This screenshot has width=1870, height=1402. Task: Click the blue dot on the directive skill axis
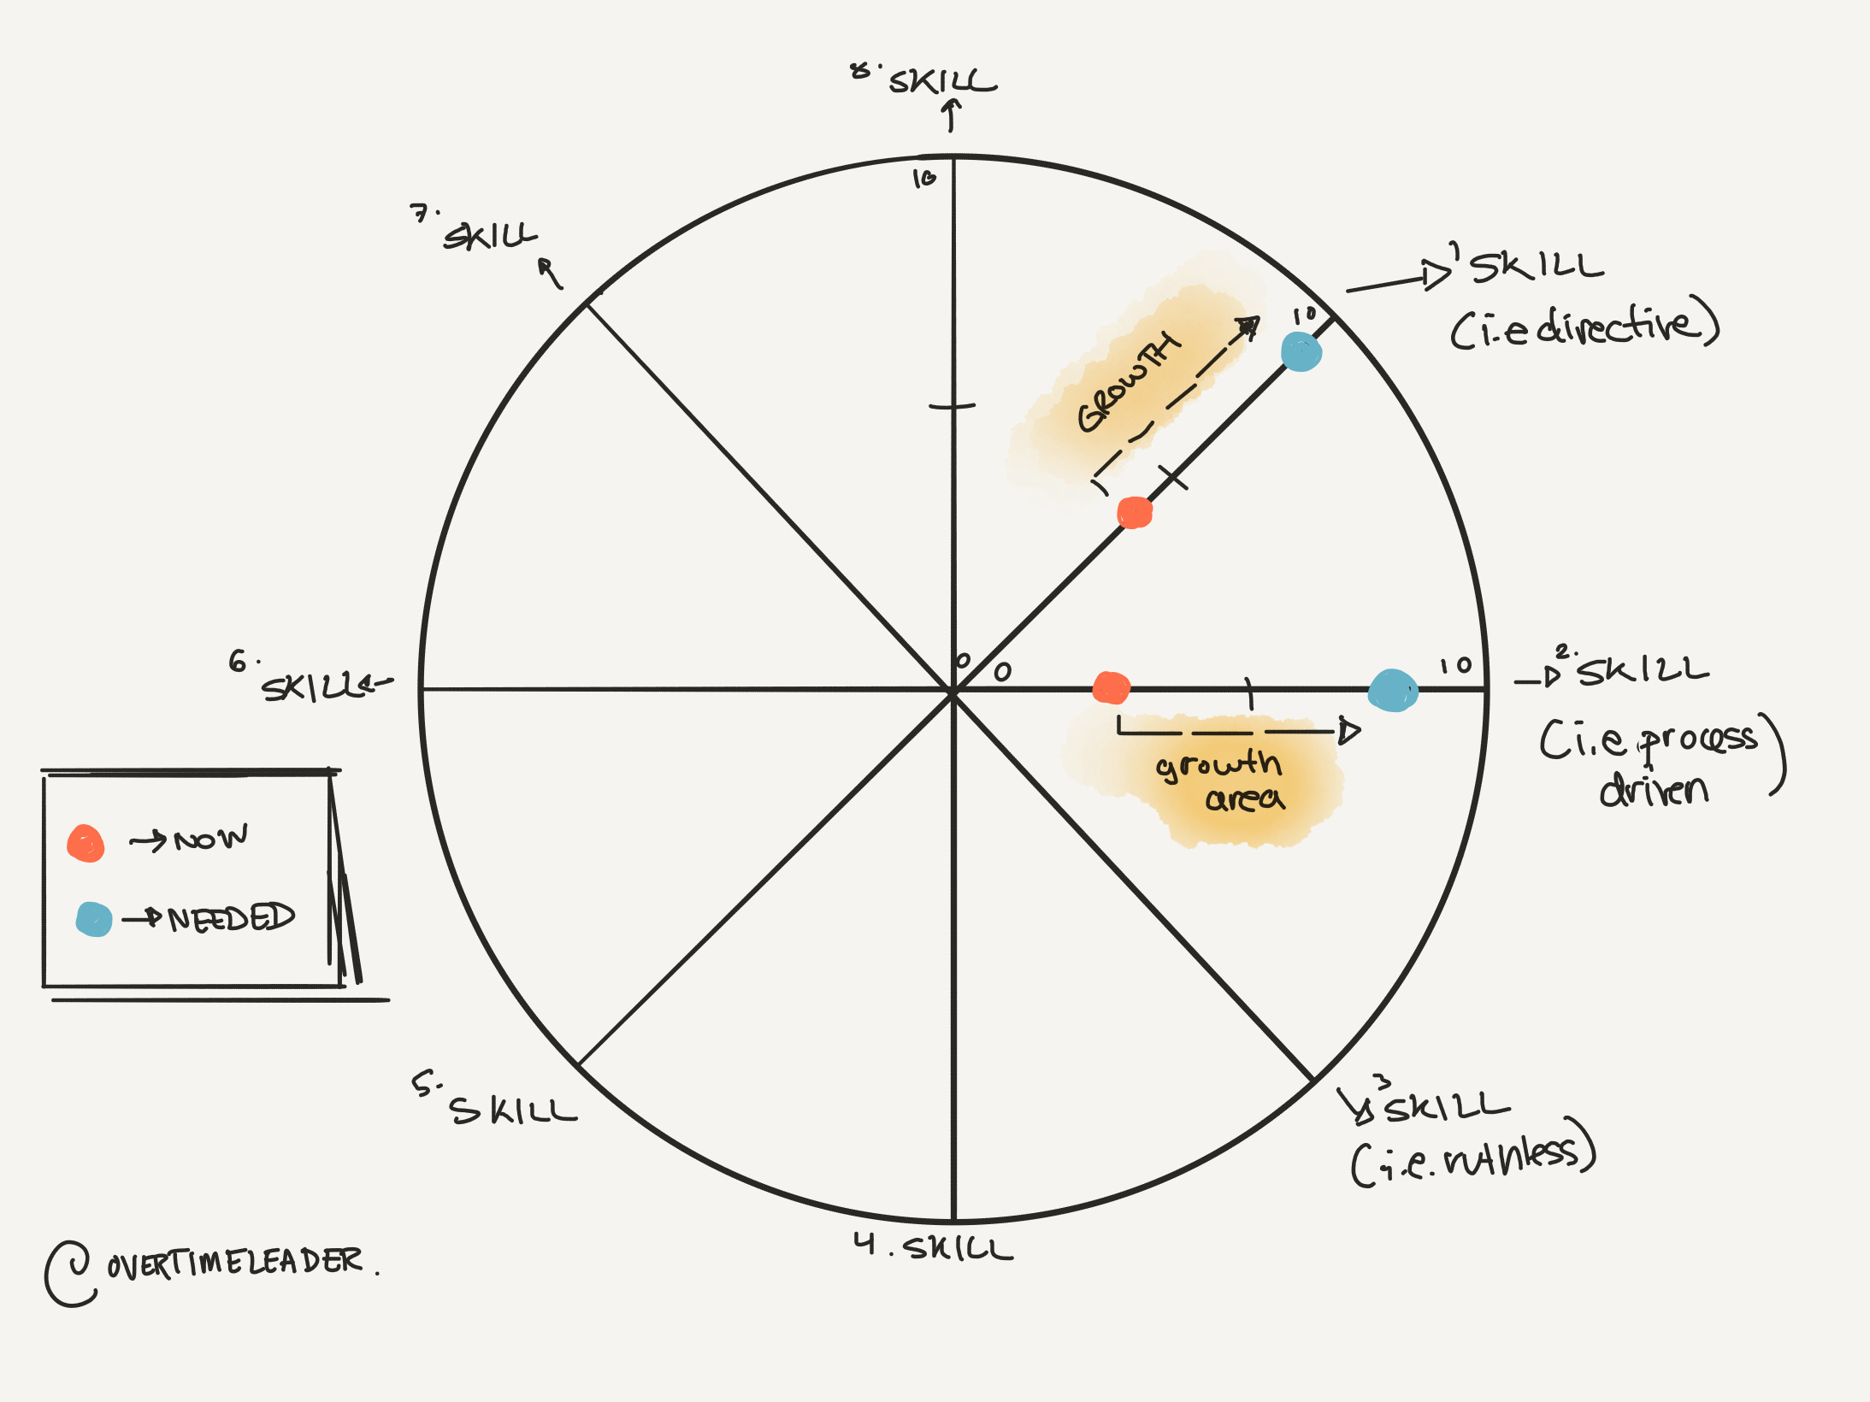(x=1301, y=351)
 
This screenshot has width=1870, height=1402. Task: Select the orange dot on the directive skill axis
(x=1135, y=512)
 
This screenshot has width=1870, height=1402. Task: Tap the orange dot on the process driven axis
(x=1111, y=687)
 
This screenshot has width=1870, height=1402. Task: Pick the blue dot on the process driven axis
(x=1392, y=690)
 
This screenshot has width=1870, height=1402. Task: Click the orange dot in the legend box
(x=86, y=844)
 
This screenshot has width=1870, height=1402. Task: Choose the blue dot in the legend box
(x=93, y=919)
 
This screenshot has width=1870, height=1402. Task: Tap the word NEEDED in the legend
(x=231, y=917)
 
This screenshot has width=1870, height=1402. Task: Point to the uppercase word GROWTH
(x=1128, y=382)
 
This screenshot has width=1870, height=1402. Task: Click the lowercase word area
(x=1244, y=798)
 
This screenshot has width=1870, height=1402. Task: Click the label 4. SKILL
(x=933, y=1246)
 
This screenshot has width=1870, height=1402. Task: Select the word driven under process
(x=1654, y=791)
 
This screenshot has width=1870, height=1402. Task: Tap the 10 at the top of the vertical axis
(x=924, y=179)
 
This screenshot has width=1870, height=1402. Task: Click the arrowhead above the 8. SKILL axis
(x=951, y=106)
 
